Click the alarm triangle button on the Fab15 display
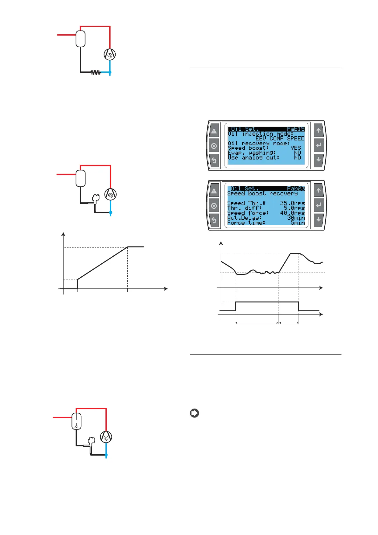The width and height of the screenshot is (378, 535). point(214,131)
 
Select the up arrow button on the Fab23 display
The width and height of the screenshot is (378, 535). point(319,190)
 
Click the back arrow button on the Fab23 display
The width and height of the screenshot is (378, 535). point(214,220)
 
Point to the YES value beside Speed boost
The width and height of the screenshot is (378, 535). point(295,148)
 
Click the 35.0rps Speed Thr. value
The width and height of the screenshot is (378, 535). point(292,203)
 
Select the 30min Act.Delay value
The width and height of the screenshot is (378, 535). point(296,218)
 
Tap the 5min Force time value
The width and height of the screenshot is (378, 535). point(297,223)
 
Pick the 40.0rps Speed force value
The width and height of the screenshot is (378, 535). point(292,213)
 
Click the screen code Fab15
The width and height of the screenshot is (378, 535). point(295,129)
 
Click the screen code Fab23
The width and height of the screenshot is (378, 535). point(295,188)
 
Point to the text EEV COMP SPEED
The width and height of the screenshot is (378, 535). point(280,139)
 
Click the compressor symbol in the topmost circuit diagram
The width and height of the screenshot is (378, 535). point(110,55)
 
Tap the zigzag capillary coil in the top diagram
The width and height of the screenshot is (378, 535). point(96,72)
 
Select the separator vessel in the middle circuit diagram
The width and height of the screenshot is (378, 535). point(81,178)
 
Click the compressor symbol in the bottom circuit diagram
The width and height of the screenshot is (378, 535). point(106,437)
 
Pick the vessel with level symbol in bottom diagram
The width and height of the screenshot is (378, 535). point(77,421)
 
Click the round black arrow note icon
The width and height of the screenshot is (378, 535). point(194,413)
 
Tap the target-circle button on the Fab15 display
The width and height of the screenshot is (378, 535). point(214,146)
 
